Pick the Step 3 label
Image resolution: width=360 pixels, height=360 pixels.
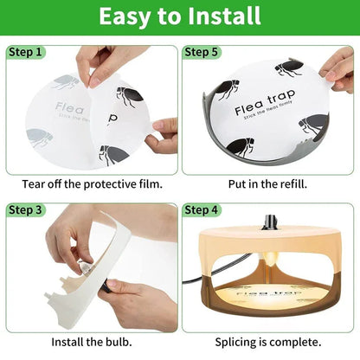[x=26, y=210]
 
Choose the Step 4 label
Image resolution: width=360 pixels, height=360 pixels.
[x=202, y=210]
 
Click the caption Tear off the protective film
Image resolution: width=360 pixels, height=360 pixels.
[x=90, y=183]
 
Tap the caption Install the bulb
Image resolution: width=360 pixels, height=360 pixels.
[x=90, y=341]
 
